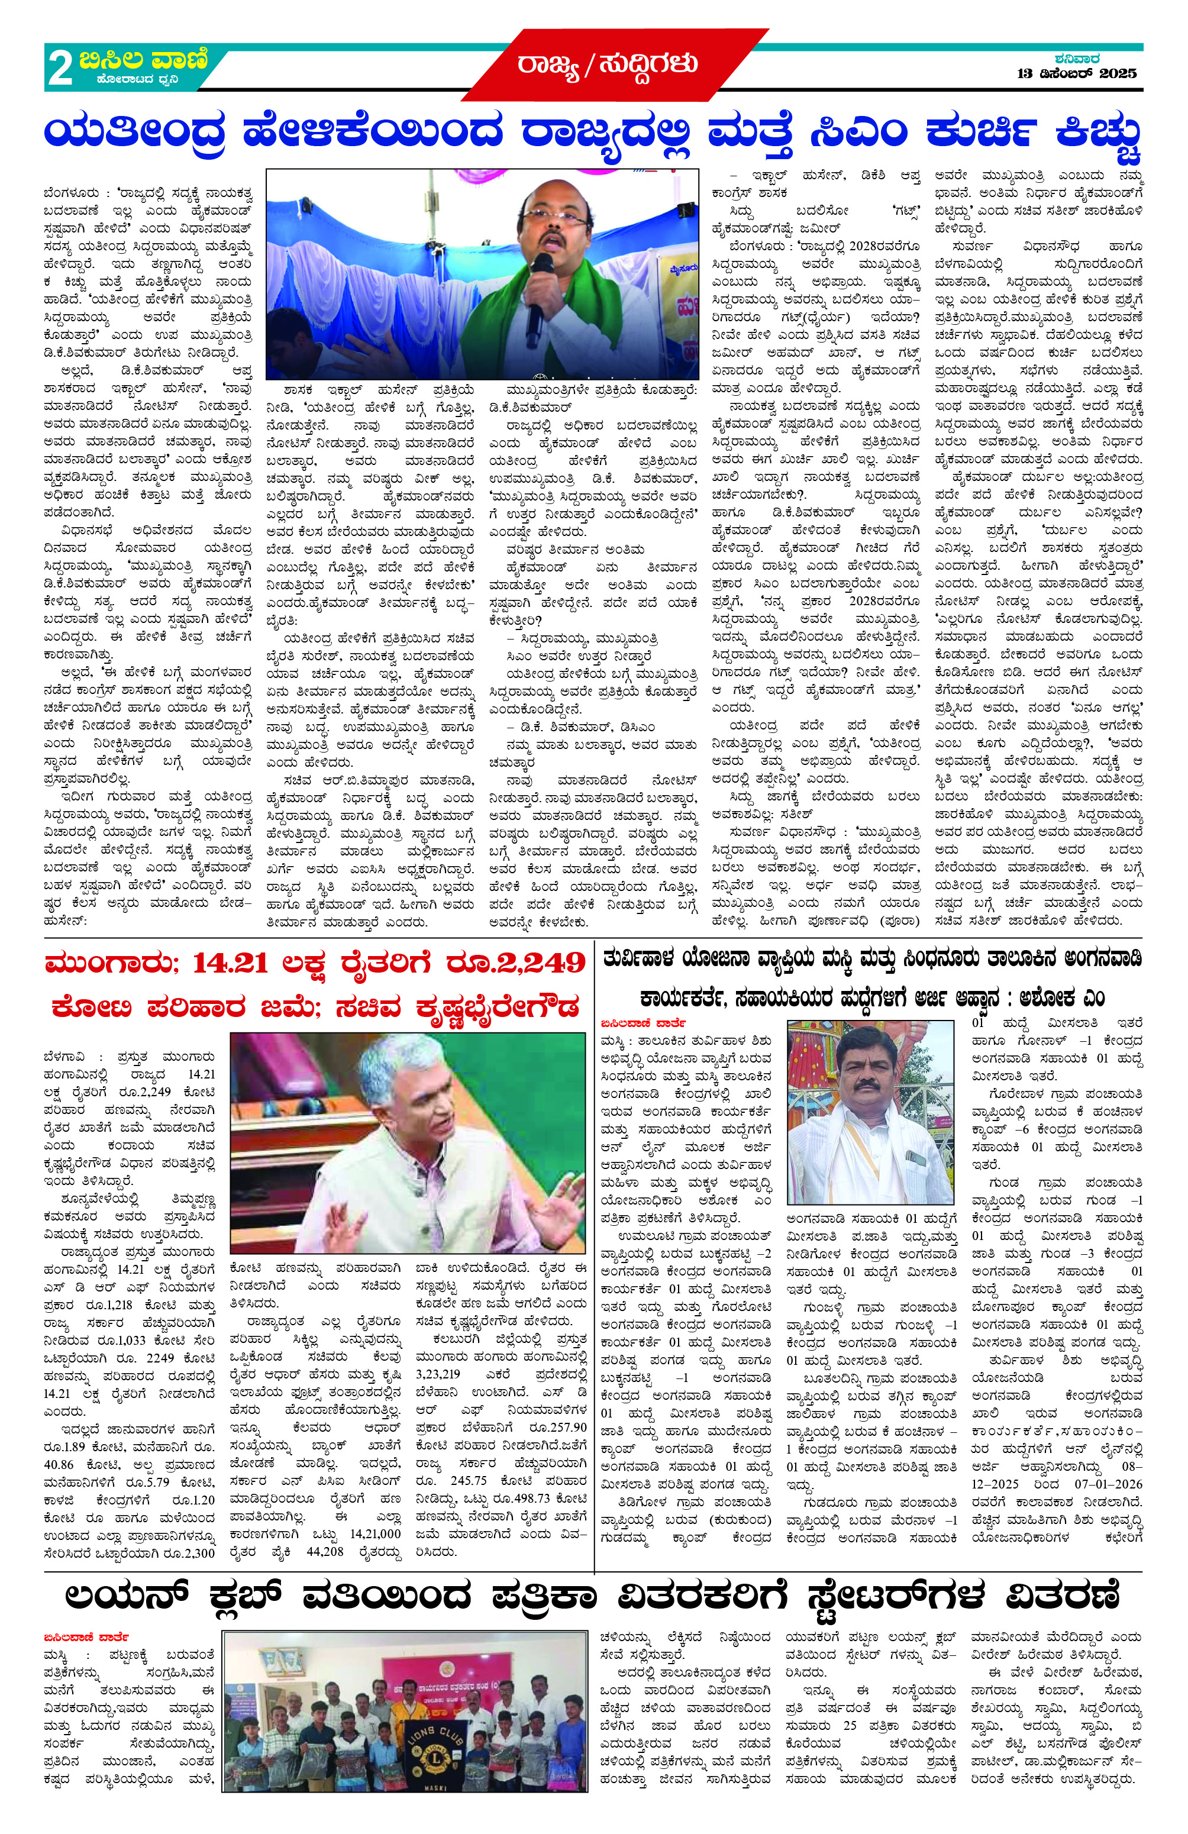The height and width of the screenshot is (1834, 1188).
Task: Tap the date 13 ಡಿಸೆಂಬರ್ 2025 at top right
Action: pos(1076,74)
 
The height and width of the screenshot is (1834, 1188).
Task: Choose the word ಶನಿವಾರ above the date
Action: pos(1076,59)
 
